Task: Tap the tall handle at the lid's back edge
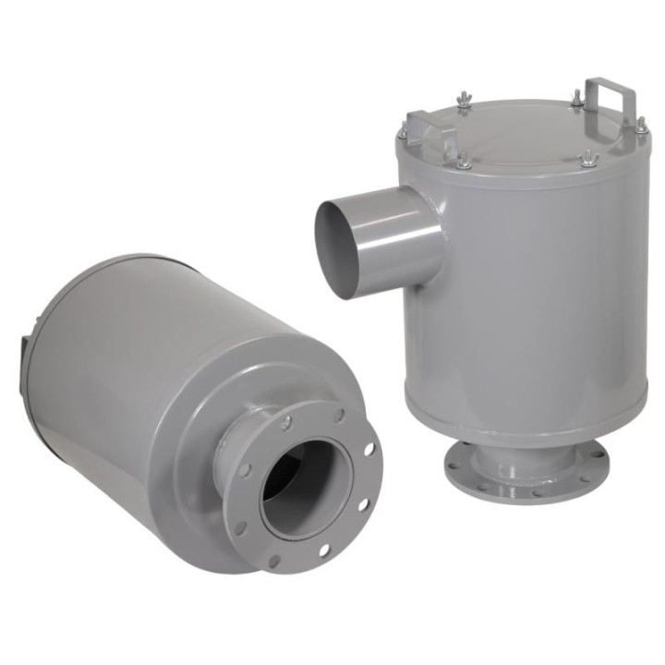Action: tap(611, 93)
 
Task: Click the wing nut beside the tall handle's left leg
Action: tap(577, 97)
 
